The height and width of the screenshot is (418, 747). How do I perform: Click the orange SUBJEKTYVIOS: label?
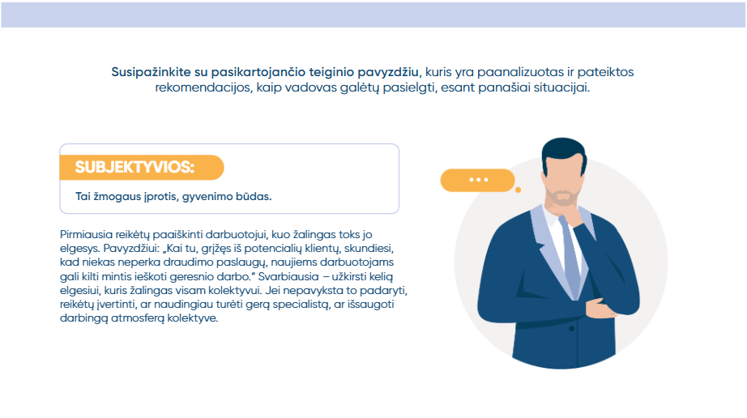142,167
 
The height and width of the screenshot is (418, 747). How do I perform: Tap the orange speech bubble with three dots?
477,180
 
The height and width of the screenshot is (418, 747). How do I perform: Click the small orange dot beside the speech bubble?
519,190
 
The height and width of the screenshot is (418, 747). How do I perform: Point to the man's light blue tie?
571,257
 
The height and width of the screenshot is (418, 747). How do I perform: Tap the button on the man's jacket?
572,329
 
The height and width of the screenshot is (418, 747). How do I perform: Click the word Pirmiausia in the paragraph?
86,235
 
